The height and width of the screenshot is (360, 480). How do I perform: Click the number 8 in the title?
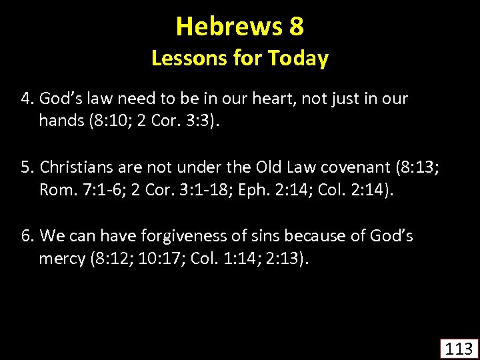pos(297,27)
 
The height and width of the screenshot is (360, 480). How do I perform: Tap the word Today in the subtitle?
pos(298,59)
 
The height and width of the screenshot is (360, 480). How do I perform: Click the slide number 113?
pos(459,348)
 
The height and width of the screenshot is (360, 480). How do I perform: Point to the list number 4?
pos(26,99)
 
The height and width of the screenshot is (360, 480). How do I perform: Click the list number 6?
pos(26,237)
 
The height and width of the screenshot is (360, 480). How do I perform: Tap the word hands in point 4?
pos(58,121)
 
